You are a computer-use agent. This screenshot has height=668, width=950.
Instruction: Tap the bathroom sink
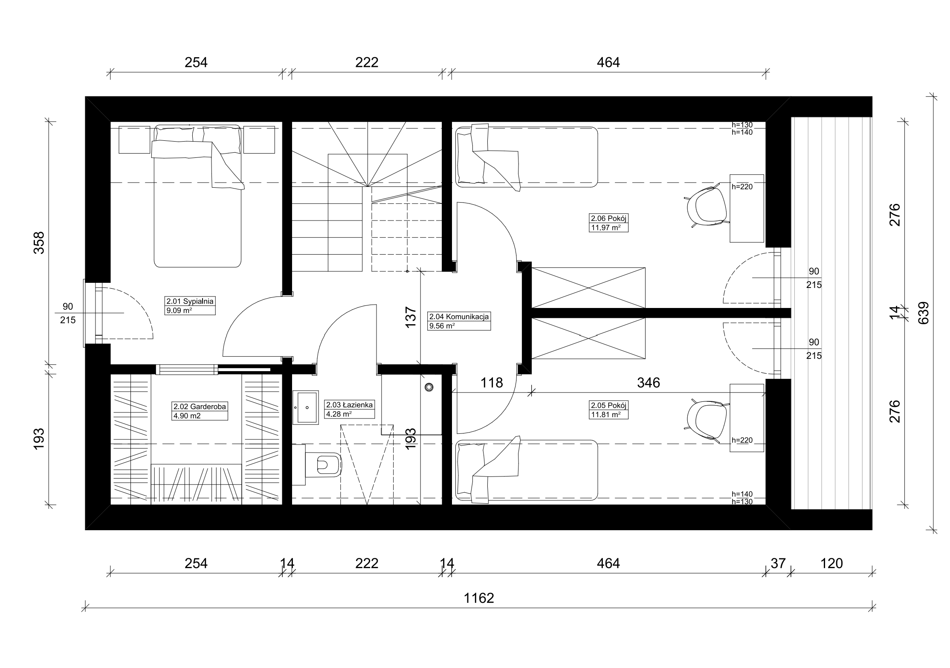point(305,407)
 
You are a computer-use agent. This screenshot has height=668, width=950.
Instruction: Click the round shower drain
point(429,387)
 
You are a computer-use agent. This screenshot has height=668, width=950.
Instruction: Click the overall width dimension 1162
point(479,598)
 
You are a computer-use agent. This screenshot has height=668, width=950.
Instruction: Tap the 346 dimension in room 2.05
point(649,383)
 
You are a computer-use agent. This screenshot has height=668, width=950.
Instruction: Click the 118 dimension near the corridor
point(492,383)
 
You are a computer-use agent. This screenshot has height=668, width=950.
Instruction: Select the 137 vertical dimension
point(410,317)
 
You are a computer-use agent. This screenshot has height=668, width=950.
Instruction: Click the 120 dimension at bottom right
point(831,563)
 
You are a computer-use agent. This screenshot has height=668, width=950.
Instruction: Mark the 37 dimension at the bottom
point(778,563)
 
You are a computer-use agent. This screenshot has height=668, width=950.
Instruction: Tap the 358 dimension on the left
point(39,243)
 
